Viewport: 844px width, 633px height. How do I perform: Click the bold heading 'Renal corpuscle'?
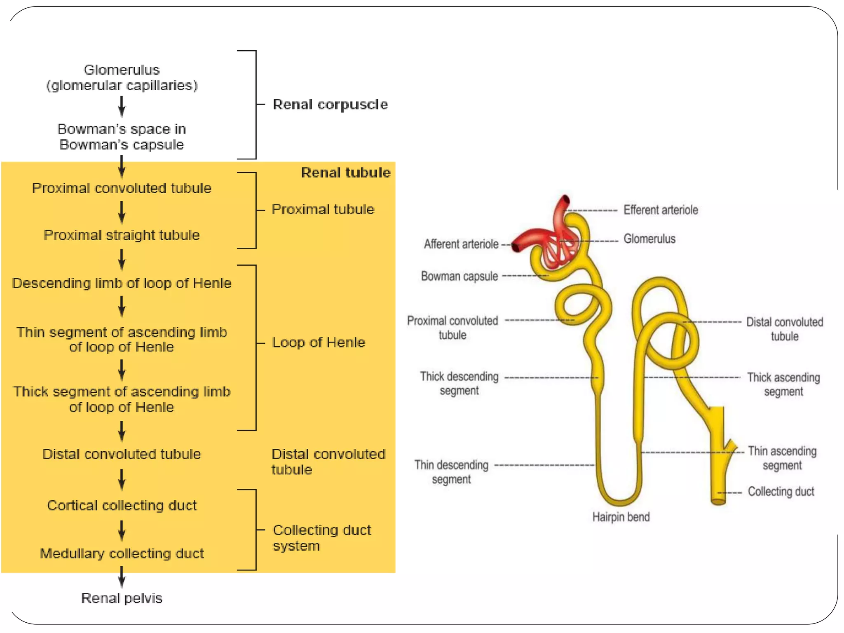click(x=330, y=105)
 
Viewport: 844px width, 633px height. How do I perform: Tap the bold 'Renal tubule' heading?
click(x=345, y=173)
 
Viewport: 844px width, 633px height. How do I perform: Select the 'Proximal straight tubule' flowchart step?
click(x=122, y=235)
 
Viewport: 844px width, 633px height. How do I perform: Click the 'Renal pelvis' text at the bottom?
click(x=122, y=598)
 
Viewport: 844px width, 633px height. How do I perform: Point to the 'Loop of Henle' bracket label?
click(x=318, y=342)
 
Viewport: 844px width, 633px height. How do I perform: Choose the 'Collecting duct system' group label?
click(x=321, y=538)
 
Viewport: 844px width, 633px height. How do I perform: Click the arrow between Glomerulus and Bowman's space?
click(x=122, y=107)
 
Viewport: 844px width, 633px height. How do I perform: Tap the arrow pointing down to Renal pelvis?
click(x=122, y=577)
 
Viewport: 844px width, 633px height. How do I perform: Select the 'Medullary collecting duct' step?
click(x=122, y=553)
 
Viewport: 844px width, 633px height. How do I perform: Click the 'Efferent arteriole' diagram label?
click(x=660, y=210)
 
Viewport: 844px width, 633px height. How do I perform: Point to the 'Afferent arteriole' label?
click(x=461, y=244)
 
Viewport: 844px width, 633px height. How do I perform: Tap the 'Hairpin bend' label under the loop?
click(x=621, y=517)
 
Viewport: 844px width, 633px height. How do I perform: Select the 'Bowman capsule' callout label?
click(x=459, y=276)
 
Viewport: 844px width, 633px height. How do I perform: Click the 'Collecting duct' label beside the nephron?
click(x=781, y=492)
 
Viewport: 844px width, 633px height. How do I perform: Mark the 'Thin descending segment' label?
click(x=451, y=472)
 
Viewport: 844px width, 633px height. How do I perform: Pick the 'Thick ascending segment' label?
click(x=783, y=384)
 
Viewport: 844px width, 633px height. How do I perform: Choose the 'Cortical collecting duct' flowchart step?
click(x=122, y=506)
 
